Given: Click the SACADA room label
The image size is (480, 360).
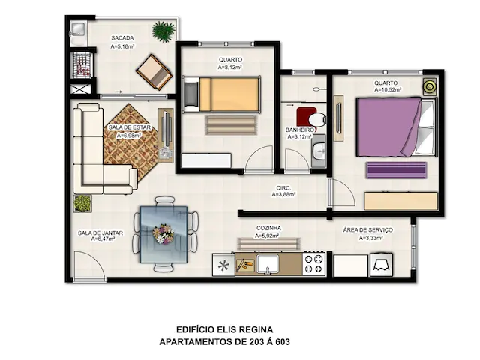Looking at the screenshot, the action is coord(122,38).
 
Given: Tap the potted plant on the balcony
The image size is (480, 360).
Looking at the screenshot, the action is coord(163,31).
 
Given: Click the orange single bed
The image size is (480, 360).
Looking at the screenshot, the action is coord(222,94).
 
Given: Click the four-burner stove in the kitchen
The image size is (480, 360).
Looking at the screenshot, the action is coord(313,263).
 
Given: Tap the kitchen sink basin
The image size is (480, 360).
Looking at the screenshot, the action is coord(268,263).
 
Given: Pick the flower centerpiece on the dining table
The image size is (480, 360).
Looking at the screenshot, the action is coord(163,233).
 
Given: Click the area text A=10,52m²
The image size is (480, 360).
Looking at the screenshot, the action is coord(388,90).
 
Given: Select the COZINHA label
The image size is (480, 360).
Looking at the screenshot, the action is coord(268,228).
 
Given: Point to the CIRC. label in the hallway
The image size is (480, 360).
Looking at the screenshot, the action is coord(283,188).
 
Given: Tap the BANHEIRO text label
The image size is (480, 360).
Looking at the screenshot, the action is coord(300,130).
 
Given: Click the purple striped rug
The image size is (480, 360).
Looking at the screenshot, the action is coord(396,170).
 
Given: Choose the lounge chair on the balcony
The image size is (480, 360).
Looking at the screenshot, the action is coord(154,72).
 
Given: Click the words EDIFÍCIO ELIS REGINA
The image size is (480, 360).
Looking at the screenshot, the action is coord(225,329).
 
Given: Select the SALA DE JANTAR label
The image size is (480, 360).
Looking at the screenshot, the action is coord(100,233).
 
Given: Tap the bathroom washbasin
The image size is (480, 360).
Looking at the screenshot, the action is coord(319,151).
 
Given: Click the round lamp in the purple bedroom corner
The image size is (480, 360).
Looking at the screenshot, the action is coord(430,87).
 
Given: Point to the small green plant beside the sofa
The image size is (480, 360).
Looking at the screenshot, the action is coord(82,203).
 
